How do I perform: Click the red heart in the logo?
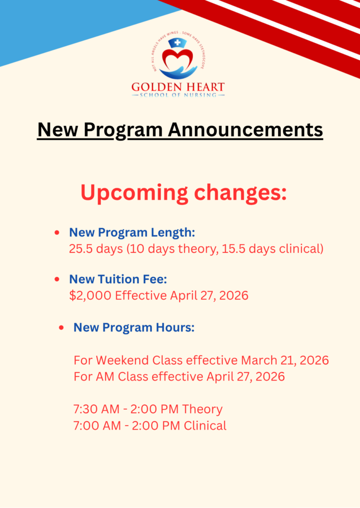point(178,59)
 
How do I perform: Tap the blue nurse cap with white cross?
point(177,43)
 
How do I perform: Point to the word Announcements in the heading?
point(245,129)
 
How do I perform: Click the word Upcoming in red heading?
point(134,193)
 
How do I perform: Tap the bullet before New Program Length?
point(57,232)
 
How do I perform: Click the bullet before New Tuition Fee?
point(57,279)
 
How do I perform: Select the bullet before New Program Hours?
point(61,327)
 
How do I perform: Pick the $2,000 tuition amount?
point(90,296)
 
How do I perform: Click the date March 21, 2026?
point(285,360)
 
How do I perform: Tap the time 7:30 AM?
point(97,409)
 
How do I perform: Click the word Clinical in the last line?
point(205,425)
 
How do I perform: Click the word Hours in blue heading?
point(175,327)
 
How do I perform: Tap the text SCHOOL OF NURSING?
point(178,95)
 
